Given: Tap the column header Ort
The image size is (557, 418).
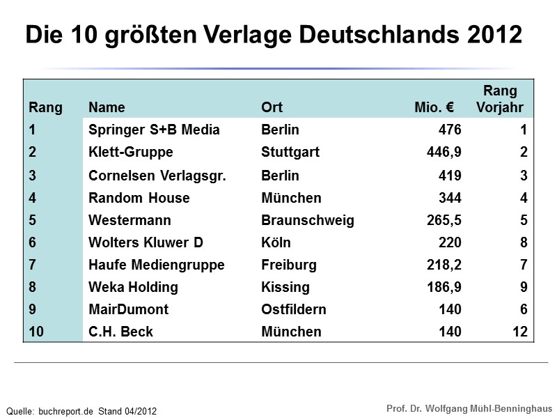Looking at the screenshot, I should click(272, 107).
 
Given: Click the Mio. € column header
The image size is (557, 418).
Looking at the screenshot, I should click(434, 107).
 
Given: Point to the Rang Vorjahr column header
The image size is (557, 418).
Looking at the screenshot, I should click(500, 99).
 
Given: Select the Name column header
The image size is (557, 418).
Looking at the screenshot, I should click(107, 107).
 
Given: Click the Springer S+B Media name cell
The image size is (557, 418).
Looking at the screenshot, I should click(154, 130).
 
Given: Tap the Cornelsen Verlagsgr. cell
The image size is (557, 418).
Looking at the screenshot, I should click(157, 176).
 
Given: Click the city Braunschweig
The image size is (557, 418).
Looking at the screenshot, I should click(307, 220).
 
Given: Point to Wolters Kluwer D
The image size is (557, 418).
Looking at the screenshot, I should click(146, 242).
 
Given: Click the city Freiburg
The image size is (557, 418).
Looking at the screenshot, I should click(288, 265).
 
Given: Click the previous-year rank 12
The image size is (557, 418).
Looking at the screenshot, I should click(519, 332).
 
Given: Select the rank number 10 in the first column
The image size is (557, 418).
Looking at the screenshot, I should click(37, 332).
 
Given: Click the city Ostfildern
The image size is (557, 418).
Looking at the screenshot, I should click(293, 309).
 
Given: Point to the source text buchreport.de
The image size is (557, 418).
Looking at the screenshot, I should click(65, 411).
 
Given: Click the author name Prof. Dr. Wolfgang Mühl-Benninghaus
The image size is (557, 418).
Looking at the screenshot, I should click(469, 408).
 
